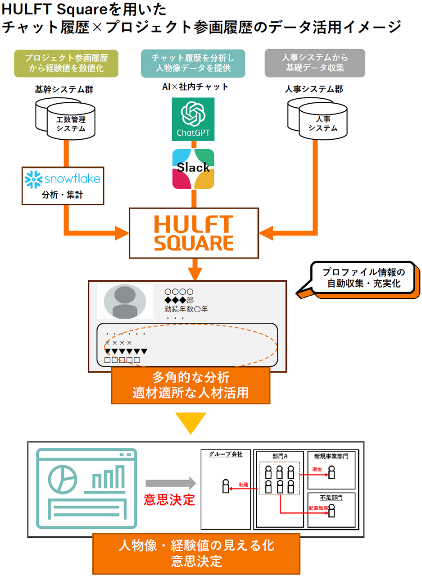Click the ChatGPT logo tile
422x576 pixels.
tap(193, 119)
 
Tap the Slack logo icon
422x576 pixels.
tap(193, 169)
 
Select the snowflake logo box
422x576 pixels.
tap(63, 185)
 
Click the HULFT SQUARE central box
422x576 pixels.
tap(194, 233)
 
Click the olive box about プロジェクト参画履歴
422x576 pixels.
tap(66, 63)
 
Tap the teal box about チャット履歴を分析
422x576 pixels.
tap(193, 63)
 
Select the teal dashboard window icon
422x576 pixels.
tap(86, 488)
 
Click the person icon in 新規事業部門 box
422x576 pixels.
tap(331, 472)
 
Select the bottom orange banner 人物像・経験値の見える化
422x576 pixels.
tap(196, 553)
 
